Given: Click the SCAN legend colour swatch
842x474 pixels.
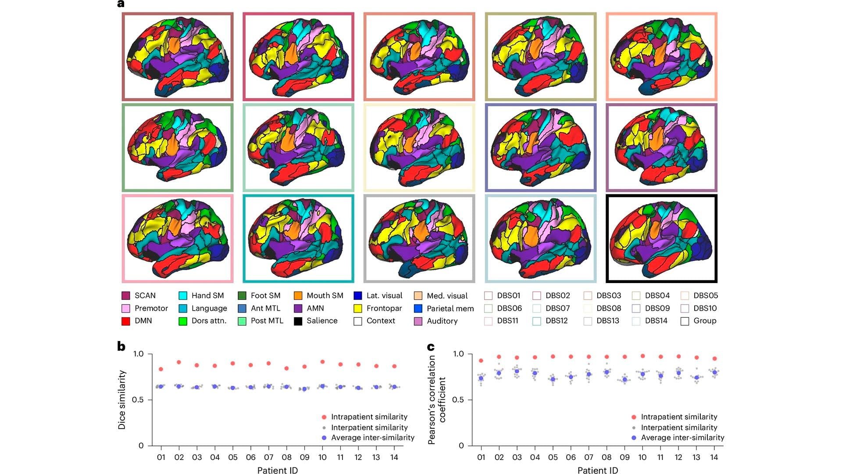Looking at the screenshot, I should [x=126, y=296].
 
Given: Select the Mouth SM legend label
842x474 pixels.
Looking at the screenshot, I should [x=325, y=296].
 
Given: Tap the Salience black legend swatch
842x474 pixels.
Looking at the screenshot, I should [x=298, y=321].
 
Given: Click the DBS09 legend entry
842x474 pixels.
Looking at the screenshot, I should [x=657, y=309].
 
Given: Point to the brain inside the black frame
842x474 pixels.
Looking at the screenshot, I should [x=661, y=239].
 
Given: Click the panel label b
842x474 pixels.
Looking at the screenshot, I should [x=121, y=346].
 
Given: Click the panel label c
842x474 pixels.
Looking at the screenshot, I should [x=431, y=347].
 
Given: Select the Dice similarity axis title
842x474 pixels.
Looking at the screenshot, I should [x=122, y=399].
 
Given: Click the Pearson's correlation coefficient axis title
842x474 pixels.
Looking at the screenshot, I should [x=437, y=399].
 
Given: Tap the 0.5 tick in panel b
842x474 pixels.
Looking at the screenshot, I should [x=138, y=400].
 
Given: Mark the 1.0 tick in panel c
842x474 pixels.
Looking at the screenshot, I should [x=458, y=354].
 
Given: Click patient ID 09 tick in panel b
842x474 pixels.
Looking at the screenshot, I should [x=304, y=457].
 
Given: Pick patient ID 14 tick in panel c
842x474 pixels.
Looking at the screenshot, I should [x=714, y=457].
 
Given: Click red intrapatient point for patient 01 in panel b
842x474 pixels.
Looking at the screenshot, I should [x=161, y=369].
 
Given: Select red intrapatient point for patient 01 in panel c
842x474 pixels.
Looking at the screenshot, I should [x=481, y=361].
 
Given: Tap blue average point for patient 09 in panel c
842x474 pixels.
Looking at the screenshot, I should [x=624, y=380].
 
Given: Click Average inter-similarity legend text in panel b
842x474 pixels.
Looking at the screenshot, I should [x=372, y=438].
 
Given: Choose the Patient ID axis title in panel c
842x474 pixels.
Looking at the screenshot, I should [x=597, y=470].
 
